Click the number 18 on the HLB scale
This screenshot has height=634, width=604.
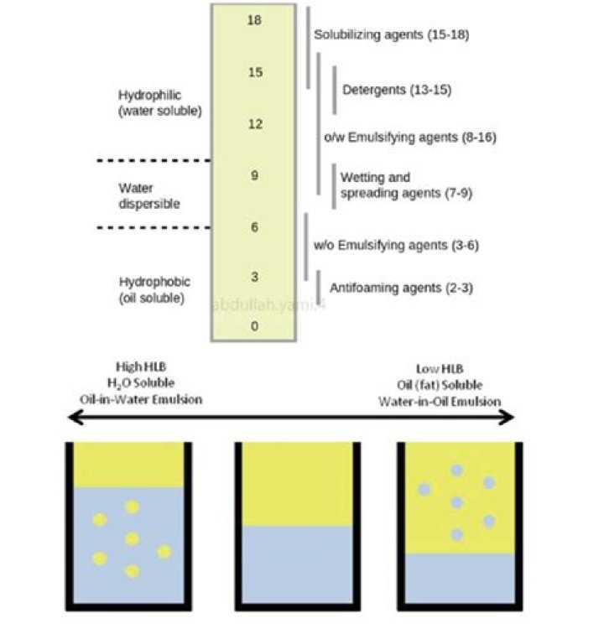[255, 19]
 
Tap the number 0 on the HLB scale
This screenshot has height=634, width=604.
[255, 326]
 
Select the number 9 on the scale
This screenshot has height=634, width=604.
[255, 176]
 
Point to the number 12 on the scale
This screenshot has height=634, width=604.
[255, 124]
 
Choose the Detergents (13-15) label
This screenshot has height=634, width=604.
[397, 89]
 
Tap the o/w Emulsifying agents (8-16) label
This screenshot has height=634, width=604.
[409, 137]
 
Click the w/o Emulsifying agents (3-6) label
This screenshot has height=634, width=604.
[395, 245]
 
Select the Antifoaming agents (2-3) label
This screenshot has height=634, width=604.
[397, 288]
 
